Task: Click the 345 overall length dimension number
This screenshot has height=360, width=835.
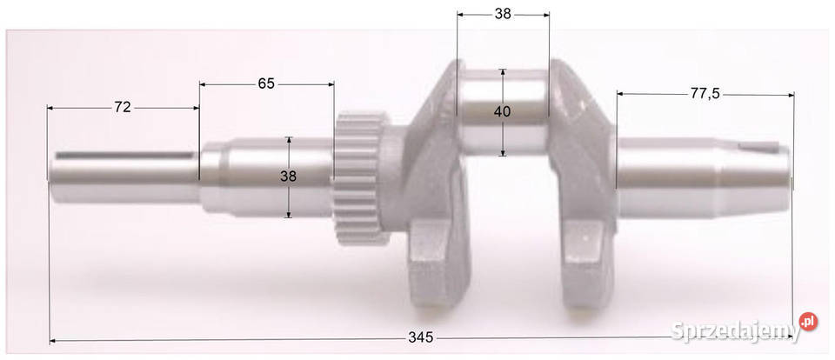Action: pyautogui.click(x=421, y=337)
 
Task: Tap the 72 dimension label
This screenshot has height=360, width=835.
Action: pyautogui.click(x=123, y=107)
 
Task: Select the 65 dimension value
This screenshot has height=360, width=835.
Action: pyautogui.click(x=266, y=83)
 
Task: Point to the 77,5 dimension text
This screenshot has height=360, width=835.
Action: pyautogui.click(x=705, y=94)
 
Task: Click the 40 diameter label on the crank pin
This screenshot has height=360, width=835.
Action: pyautogui.click(x=502, y=112)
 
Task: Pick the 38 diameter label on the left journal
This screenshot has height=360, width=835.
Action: pyautogui.click(x=288, y=177)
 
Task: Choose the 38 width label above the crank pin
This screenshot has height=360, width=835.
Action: pyautogui.click(x=503, y=15)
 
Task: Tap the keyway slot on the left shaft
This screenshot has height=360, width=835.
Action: pyautogui.click(x=125, y=155)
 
